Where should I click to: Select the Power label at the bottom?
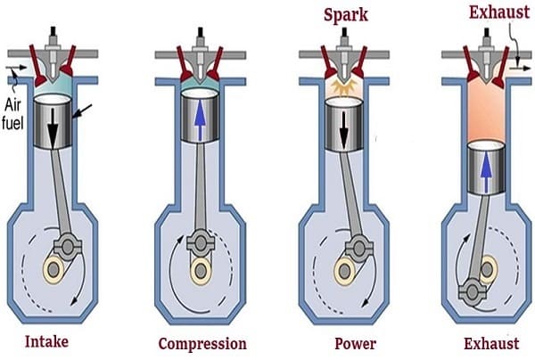tap(355, 343)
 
